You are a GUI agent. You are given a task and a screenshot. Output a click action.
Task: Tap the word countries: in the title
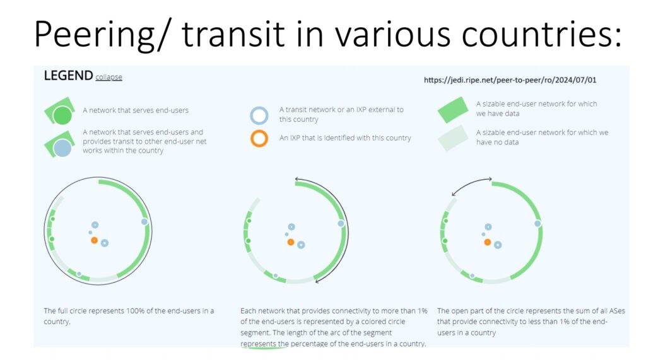click(541, 34)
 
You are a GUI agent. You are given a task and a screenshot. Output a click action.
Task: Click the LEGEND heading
click(68, 76)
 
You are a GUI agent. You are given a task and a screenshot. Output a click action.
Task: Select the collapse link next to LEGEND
click(109, 77)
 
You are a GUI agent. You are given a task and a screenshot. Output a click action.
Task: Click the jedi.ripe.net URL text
click(510, 80)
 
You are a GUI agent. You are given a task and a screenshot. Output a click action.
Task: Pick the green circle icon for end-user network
click(62, 115)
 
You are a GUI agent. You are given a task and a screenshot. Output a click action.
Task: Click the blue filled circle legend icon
click(62, 148)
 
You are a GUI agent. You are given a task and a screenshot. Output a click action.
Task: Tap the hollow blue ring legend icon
click(259, 115)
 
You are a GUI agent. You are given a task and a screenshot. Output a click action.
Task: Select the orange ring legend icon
click(259, 139)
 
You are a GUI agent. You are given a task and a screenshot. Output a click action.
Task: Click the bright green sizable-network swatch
click(453, 110)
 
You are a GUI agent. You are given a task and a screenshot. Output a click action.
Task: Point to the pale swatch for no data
click(453, 138)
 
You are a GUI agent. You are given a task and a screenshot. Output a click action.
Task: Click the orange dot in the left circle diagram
click(95, 240)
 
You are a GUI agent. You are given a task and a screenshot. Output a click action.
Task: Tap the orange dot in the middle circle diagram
click(291, 241)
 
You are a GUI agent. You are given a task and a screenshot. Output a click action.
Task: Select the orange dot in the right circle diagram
click(488, 241)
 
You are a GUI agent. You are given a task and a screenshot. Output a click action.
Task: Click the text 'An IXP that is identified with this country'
click(345, 138)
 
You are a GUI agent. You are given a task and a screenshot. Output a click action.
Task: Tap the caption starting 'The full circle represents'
click(129, 316)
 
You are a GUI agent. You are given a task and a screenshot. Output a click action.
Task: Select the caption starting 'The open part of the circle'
click(531, 322)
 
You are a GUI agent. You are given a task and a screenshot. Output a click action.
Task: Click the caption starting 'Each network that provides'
click(334, 327)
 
